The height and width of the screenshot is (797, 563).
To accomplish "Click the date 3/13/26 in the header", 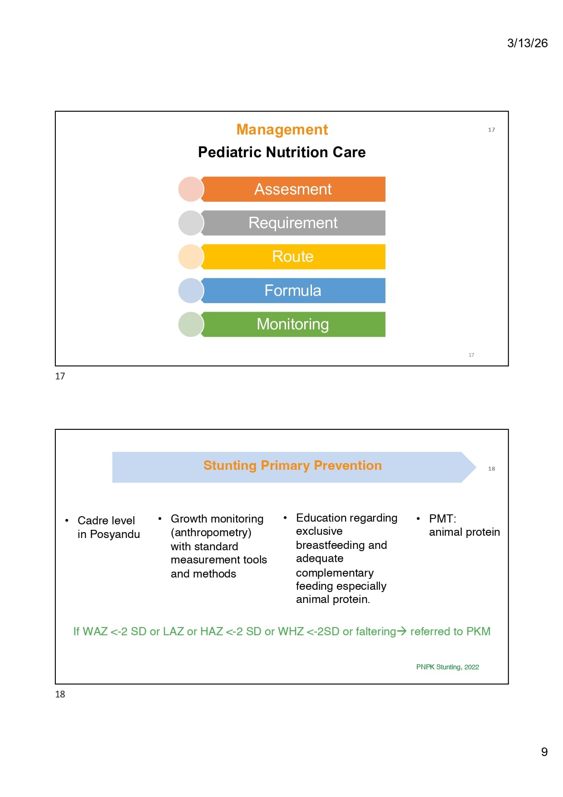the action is (527, 43).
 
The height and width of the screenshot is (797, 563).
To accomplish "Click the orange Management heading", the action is (282, 130).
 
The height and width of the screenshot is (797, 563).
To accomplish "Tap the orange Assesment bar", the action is (293, 189).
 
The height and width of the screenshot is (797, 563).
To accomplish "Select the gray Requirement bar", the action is (293, 223).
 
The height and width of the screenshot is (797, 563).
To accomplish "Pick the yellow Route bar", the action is (293, 257).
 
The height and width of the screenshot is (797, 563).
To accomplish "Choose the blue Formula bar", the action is (293, 290).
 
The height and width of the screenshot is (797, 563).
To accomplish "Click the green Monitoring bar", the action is (293, 324).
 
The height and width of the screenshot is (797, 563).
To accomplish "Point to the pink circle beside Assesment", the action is (191, 189).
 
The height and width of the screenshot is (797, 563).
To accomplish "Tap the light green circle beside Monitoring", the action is (191, 324).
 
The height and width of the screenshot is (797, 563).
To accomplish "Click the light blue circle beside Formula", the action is (191, 290).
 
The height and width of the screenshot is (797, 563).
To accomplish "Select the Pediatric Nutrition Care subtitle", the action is (282, 152).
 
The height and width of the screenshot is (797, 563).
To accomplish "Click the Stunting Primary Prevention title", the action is (292, 465).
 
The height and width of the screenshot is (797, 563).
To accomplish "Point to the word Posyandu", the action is (115, 534).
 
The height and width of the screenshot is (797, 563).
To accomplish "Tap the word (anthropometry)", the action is (211, 533).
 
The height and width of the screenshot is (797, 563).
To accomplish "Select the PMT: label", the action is (443, 518).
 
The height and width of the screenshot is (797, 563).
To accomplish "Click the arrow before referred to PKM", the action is (401, 631).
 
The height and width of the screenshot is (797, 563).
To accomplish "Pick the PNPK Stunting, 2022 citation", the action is (448, 667).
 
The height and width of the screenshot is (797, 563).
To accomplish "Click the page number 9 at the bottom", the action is (544, 752).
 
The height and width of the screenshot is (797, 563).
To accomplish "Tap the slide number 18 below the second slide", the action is (60, 694).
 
